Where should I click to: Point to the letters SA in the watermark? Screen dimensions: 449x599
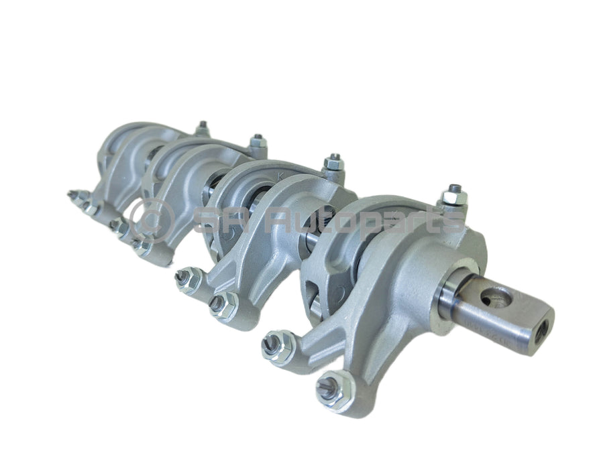(214, 220)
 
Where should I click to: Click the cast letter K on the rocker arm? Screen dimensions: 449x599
(280, 176)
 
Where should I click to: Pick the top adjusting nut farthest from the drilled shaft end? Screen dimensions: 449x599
(202, 127)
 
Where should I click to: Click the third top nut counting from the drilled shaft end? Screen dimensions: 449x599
(256, 142)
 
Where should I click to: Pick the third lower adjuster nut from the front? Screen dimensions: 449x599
(219, 305)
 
